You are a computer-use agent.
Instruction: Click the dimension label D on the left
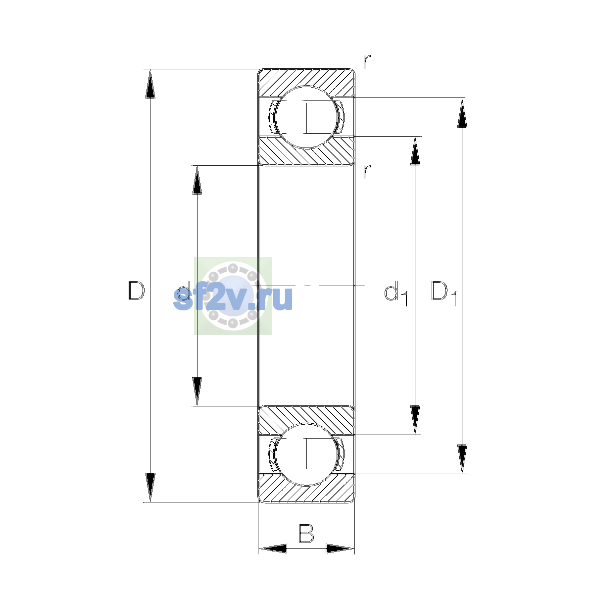click(x=136, y=291)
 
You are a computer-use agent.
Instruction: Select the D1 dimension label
click(x=444, y=293)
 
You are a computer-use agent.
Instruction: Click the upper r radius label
click(x=367, y=62)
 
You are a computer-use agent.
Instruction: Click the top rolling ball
click(x=306, y=117)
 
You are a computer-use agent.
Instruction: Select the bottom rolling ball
click(x=306, y=454)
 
